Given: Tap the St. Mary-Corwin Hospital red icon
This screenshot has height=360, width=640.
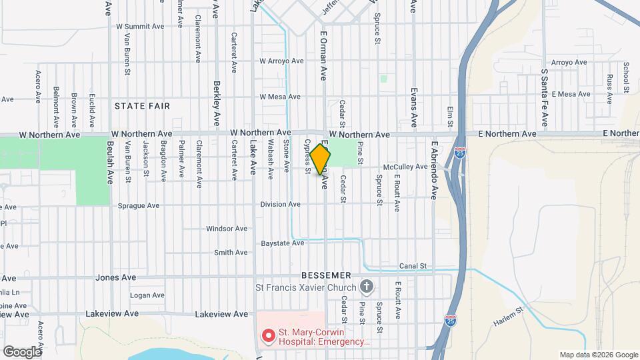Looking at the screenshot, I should point(268,335).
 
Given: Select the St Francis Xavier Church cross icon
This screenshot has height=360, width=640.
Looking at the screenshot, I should point(365,287).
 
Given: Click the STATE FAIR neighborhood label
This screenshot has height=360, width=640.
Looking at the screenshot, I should point(142,106).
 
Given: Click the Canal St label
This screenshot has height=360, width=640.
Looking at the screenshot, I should point(413,266).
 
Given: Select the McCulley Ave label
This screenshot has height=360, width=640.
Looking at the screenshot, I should point(405,167).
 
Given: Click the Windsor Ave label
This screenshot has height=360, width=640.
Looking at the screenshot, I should point(227,229).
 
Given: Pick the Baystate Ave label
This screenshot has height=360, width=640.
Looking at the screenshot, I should point(283,243).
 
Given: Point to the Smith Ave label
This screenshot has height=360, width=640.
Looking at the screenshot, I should point(231,253).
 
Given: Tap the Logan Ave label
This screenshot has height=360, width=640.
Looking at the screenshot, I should point(147,295).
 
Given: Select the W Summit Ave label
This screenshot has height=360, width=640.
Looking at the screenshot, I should point(140,27).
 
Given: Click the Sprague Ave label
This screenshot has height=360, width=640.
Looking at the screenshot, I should point(139,206).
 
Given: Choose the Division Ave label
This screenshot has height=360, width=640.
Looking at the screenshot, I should point(280,204).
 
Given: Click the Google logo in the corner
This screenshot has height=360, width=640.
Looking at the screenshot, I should point(22,351).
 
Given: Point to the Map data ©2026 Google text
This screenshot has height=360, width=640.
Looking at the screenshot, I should point(598,355).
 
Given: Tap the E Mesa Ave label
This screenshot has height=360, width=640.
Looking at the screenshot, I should point(571,95).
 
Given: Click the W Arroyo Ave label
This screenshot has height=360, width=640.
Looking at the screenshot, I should point(282,61).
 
